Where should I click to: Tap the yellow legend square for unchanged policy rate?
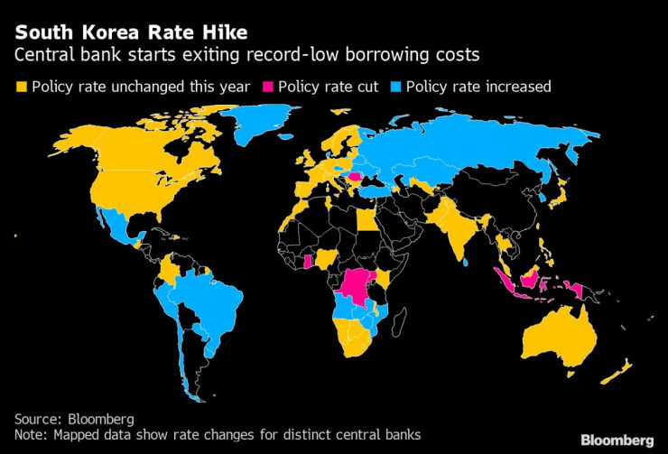pos(22,88)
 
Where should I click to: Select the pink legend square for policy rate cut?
pos(268,88)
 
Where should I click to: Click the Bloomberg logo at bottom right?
pos(617,440)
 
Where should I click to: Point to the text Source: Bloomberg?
pos(73,419)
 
